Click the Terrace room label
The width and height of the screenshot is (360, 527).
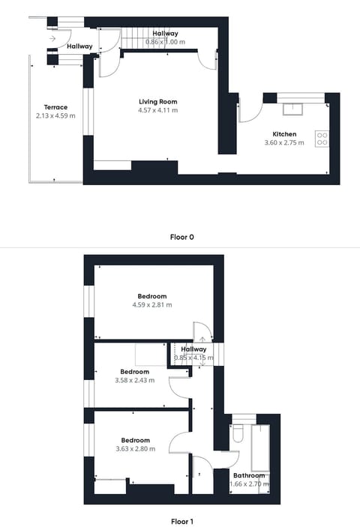pos(55,107)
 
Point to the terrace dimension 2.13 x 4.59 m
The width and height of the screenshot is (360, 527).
pos(55,115)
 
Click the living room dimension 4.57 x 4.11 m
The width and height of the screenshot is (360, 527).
pos(157,110)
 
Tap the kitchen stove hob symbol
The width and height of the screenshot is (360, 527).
pos(322,138)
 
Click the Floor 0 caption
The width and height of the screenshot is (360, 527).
pos(182,237)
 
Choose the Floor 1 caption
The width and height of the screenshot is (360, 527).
pos(182,518)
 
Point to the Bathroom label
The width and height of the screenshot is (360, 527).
pos(249,475)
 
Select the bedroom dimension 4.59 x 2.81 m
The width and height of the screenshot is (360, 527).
pos(152,304)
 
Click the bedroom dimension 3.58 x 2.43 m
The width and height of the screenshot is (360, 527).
pos(135,380)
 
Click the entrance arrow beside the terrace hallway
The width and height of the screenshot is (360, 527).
pos(53,37)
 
